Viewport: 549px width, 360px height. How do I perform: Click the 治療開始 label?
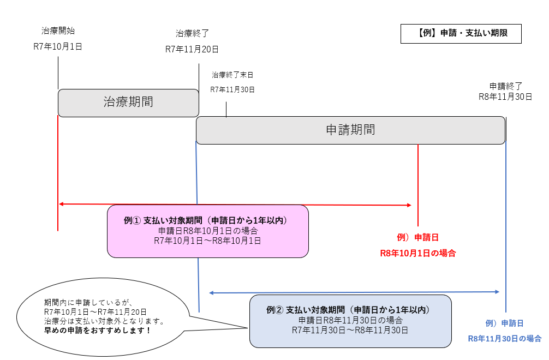coord(58,30)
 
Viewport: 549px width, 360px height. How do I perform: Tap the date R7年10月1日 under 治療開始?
coord(58,47)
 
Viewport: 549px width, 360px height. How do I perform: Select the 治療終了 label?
coord(192,33)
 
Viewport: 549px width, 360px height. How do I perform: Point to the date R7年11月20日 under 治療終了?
coord(192,50)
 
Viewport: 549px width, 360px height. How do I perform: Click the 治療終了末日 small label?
coord(232,75)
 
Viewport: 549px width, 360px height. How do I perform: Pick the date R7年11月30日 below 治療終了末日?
coord(232,89)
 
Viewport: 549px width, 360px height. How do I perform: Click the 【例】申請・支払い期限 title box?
coord(461,33)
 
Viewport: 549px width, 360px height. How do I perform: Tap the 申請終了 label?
coord(506,86)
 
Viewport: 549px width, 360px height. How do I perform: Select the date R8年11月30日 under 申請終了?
coord(505,97)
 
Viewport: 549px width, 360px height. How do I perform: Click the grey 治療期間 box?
coord(128,103)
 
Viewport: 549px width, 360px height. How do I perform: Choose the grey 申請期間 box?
coord(350,130)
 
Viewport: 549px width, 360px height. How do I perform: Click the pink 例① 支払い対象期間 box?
coord(207,231)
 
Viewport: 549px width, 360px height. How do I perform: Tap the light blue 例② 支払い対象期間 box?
coord(350,321)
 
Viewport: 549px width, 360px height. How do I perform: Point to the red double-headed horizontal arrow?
coord(235,205)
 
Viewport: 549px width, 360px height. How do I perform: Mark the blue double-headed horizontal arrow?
coord(355,293)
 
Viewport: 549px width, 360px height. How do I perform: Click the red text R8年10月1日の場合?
coord(418,253)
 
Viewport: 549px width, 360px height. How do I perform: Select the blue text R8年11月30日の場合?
coord(505,338)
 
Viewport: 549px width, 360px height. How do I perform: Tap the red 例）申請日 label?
coord(418,237)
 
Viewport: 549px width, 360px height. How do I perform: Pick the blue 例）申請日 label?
coord(505,323)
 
